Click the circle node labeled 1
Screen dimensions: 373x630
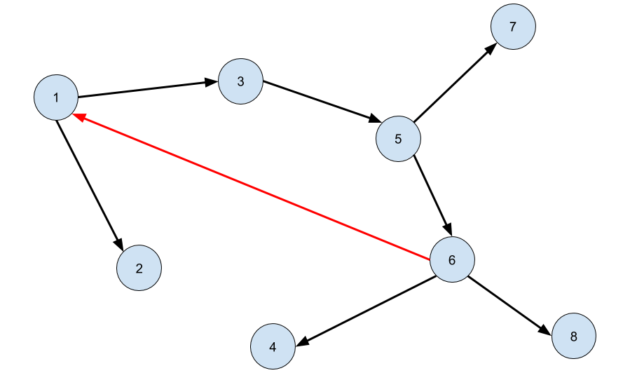click(56, 97)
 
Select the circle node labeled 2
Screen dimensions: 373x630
click(139, 268)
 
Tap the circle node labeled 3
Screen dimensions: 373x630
click(240, 81)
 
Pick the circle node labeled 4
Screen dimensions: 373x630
click(273, 346)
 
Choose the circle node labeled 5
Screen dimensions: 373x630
click(398, 139)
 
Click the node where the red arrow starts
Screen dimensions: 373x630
click(452, 260)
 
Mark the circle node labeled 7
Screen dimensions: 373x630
click(513, 27)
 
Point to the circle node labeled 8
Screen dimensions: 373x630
click(573, 337)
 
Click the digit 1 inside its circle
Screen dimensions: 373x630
click(56, 97)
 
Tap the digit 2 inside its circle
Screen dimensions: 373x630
click(139, 269)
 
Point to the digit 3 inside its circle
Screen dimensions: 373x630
click(240, 82)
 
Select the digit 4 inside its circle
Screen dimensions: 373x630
click(273, 347)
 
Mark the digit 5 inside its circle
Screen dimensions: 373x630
click(398, 140)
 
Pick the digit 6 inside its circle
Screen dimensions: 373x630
click(452, 261)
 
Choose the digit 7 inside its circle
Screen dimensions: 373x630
click(513, 27)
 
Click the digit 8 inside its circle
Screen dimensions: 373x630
click(573, 337)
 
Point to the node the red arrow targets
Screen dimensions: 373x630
click(56, 97)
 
